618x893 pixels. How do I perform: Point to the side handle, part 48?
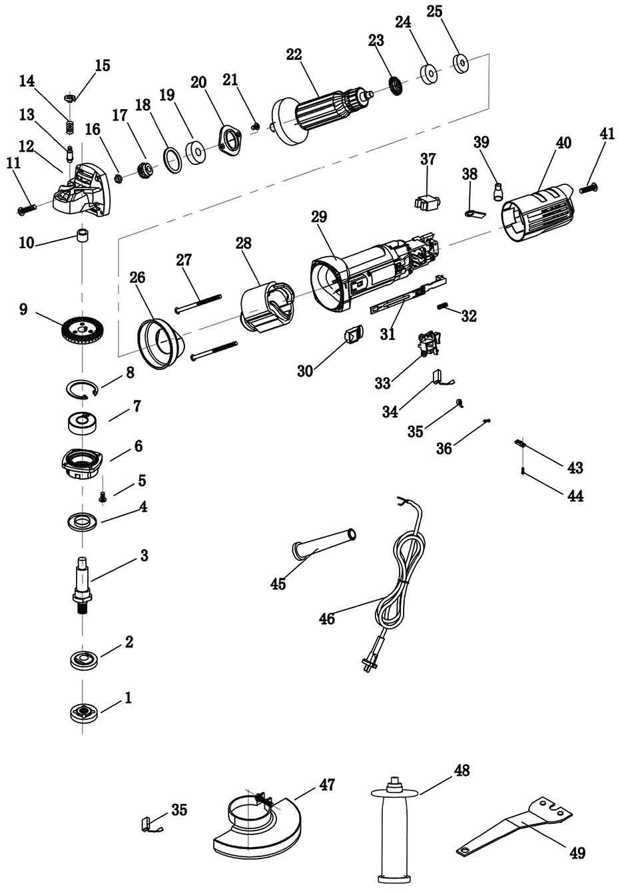pyautogui.click(x=396, y=832)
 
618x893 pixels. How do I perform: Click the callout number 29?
pyautogui.click(x=319, y=216)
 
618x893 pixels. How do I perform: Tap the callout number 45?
pyautogui.click(x=278, y=584)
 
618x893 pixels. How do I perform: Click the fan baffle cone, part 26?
pyautogui.click(x=160, y=343)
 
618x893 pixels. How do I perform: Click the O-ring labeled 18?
pyautogui.click(x=172, y=160)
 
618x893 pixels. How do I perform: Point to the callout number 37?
pyautogui.click(x=428, y=159)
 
